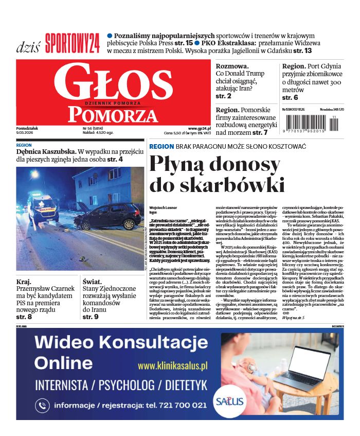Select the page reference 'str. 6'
click(290, 97)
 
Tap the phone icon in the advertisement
click(42, 406)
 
